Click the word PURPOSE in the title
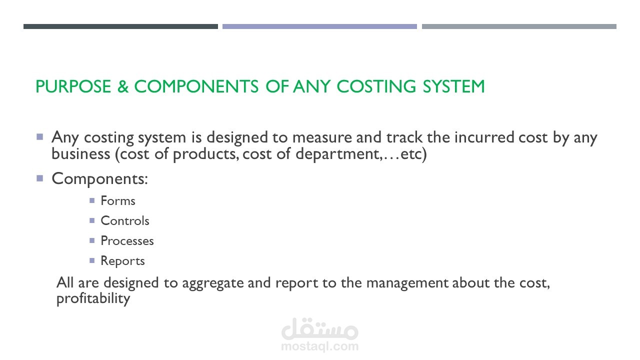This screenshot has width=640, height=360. click(x=73, y=86)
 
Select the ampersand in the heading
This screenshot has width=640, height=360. click(x=123, y=86)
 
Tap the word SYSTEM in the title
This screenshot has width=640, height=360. click(x=453, y=86)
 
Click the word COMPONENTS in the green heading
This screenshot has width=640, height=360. click(x=196, y=86)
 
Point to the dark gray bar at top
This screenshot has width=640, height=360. click(x=120, y=26)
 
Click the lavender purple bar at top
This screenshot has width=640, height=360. click(x=319, y=26)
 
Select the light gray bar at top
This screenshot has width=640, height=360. click(x=519, y=26)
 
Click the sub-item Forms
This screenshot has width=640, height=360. click(x=118, y=200)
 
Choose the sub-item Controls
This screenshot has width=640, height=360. click(x=125, y=220)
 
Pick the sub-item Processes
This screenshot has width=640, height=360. click(x=127, y=241)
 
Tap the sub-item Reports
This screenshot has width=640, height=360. click(x=123, y=261)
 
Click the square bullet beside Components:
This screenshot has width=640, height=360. click(x=40, y=178)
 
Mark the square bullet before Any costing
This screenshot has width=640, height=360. click(x=40, y=137)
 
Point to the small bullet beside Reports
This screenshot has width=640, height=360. click(x=92, y=260)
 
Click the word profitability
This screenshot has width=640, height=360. click(x=93, y=298)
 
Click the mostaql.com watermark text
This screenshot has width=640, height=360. click(x=319, y=346)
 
